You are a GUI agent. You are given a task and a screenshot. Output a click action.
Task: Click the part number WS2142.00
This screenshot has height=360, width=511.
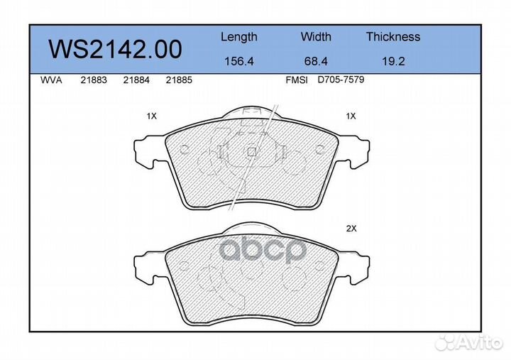[115, 49]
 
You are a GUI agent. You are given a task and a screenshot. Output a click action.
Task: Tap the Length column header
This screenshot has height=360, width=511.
[239, 37]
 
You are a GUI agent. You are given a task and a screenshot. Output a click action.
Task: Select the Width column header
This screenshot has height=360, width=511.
[316, 36]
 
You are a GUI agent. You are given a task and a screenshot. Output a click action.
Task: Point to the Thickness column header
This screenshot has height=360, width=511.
[393, 36]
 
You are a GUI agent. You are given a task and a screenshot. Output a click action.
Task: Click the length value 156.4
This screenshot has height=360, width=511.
[239, 61]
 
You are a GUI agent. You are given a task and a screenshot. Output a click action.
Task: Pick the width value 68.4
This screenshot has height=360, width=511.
[316, 61]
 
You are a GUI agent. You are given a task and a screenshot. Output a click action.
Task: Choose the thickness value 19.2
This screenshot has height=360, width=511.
[393, 61]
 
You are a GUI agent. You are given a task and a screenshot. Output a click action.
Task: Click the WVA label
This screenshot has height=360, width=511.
[51, 80]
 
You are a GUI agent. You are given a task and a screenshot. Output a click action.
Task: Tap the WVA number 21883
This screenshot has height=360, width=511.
[94, 80]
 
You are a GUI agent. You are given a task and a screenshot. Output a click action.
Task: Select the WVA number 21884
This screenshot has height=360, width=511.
[136, 80]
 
